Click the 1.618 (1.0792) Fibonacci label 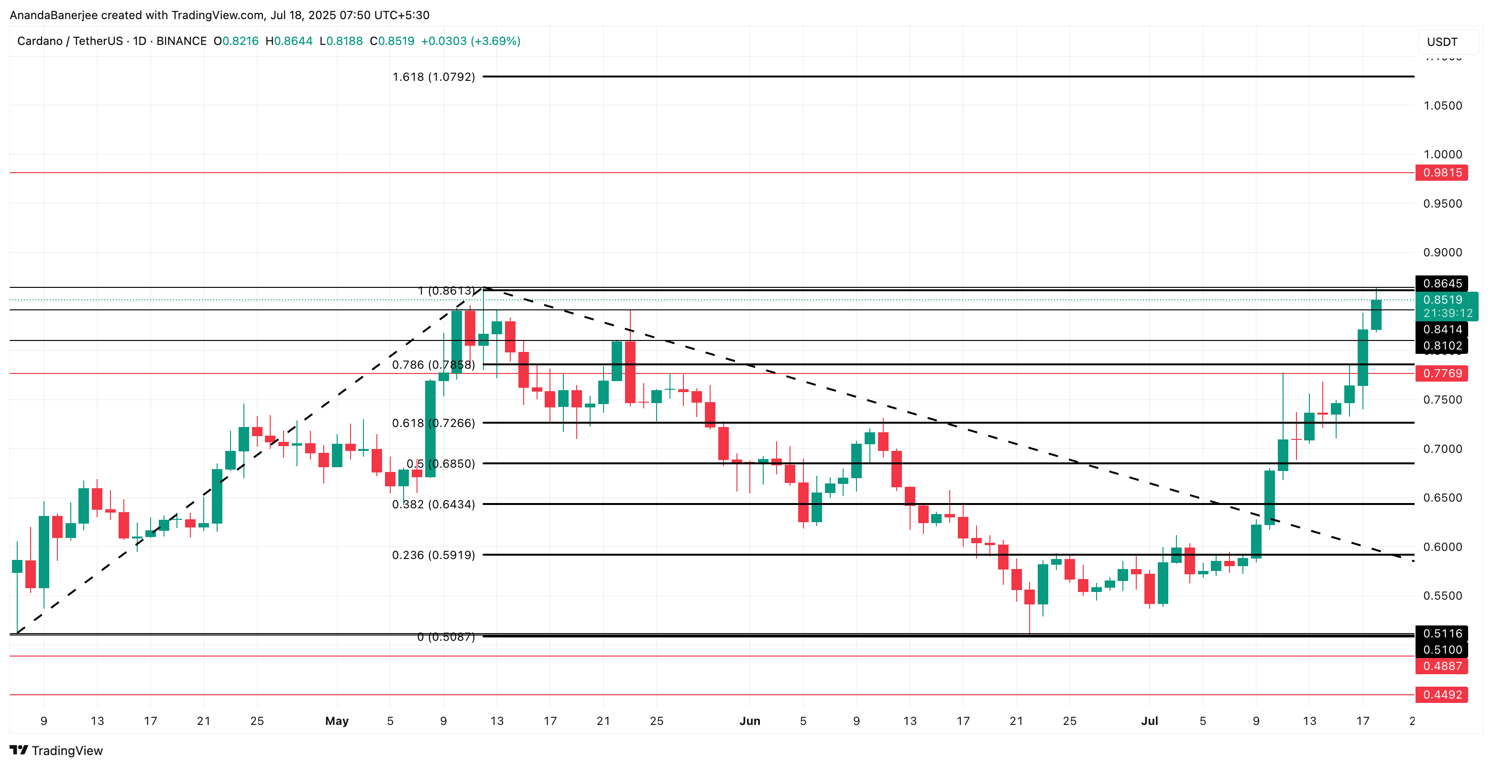click(434, 77)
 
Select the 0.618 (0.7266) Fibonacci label click(434, 423)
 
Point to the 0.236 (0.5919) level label click(434, 555)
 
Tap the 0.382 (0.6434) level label click(434, 504)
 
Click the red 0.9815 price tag click(1441, 173)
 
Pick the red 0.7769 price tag click(1441, 373)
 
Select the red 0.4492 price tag click(1441, 694)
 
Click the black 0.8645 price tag click(1441, 284)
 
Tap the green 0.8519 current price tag click(1446, 300)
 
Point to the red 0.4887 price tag click(1441, 666)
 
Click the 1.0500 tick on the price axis click(1443, 106)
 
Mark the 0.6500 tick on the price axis click(1443, 498)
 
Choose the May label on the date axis click(337, 721)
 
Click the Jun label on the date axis click(749, 721)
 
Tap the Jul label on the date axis click(1149, 721)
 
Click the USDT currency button click(1442, 42)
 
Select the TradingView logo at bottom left click(56, 750)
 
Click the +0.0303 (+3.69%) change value click(470, 41)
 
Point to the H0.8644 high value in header click(289, 41)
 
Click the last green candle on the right click(1376, 315)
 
